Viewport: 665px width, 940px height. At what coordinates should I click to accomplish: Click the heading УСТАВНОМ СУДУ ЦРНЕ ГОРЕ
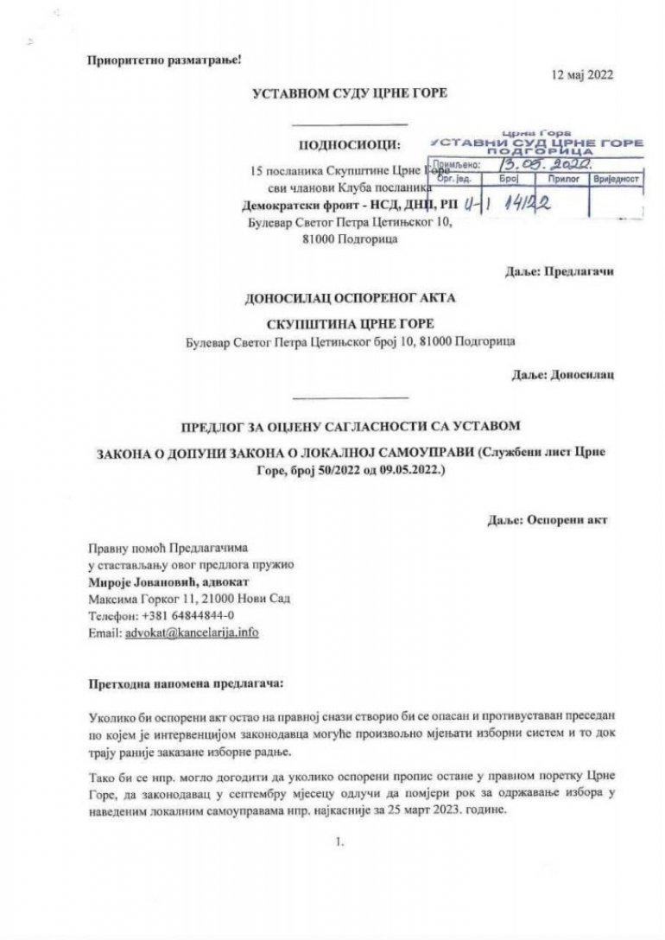pyautogui.click(x=349, y=93)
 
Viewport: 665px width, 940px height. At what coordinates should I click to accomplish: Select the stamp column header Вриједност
pyautogui.click(x=614, y=178)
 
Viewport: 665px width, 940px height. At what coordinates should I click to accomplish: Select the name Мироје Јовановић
pyautogui.click(x=138, y=581)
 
